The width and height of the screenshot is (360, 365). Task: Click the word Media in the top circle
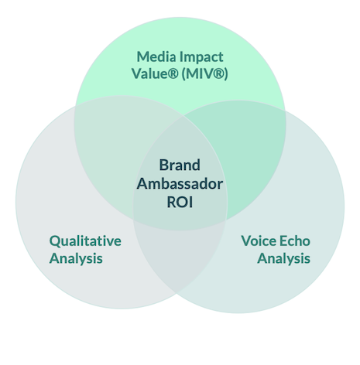pos(156,56)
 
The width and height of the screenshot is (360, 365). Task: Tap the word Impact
pos(201,57)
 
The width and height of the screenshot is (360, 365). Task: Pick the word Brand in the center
pos(180,165)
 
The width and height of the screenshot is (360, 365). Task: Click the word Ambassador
pos(180,184)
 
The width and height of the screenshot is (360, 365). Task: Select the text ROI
pos(180,203)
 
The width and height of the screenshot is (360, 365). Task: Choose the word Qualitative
pos(85,241)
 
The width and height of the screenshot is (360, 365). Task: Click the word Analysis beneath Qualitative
pos(76,258)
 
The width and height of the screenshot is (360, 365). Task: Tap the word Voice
pos(259,241)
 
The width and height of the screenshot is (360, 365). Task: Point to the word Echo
pos(295,241)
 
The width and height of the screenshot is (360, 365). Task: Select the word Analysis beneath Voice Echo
pos(283,258)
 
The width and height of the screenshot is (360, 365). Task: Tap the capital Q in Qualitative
pos(54,241)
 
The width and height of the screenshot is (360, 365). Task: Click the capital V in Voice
pos(247,241)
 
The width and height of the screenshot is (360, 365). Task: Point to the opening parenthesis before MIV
pos(183,74)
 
